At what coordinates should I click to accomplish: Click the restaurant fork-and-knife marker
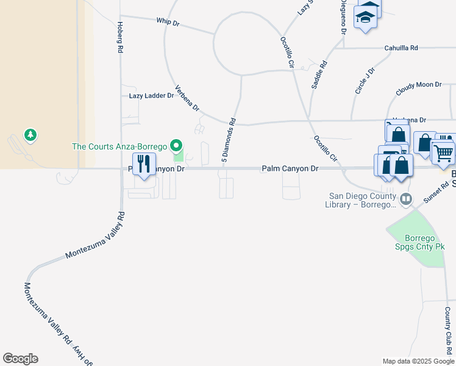[144, 164]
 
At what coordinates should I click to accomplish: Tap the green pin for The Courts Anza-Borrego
[177, 146]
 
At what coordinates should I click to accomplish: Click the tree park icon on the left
[29, 134]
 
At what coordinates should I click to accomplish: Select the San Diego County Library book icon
[405, 199]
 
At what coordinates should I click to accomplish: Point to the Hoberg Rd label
[120, 37]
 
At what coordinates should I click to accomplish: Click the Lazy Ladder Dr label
[151, 96]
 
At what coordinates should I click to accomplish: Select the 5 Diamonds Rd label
[228, 140]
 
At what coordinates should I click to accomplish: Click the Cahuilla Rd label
[401, 48]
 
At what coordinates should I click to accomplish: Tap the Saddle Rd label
[319, 75]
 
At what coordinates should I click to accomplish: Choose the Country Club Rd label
[448, 328]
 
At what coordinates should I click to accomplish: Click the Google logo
[20, 359]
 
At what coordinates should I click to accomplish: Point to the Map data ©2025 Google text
[418, 361]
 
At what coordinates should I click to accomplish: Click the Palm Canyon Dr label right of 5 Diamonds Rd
[290, 168]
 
